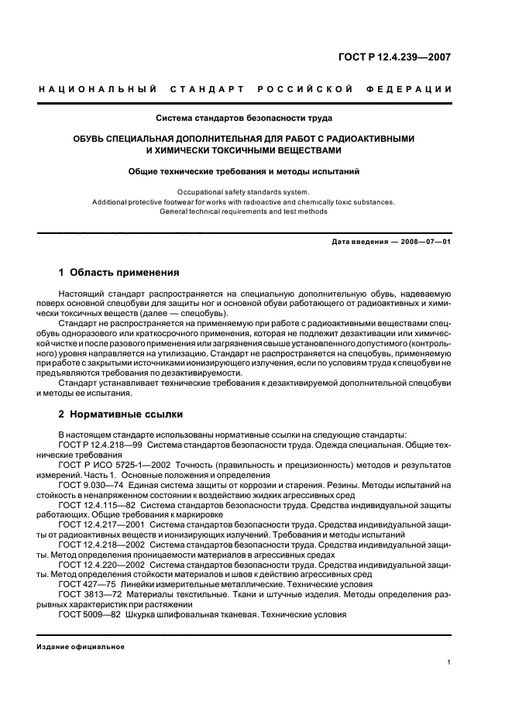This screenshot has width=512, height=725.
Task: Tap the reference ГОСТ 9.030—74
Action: [x=88, y=484]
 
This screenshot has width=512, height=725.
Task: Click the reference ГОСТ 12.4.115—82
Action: [x=97, y=504]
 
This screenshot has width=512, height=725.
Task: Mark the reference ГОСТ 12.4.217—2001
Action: [x=101, y=524]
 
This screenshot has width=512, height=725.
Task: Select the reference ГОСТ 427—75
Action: [x=84, y=584]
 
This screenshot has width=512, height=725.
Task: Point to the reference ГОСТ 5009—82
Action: [x=87, y=614]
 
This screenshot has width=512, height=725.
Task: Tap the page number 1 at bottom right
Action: [x=449, y=662]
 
